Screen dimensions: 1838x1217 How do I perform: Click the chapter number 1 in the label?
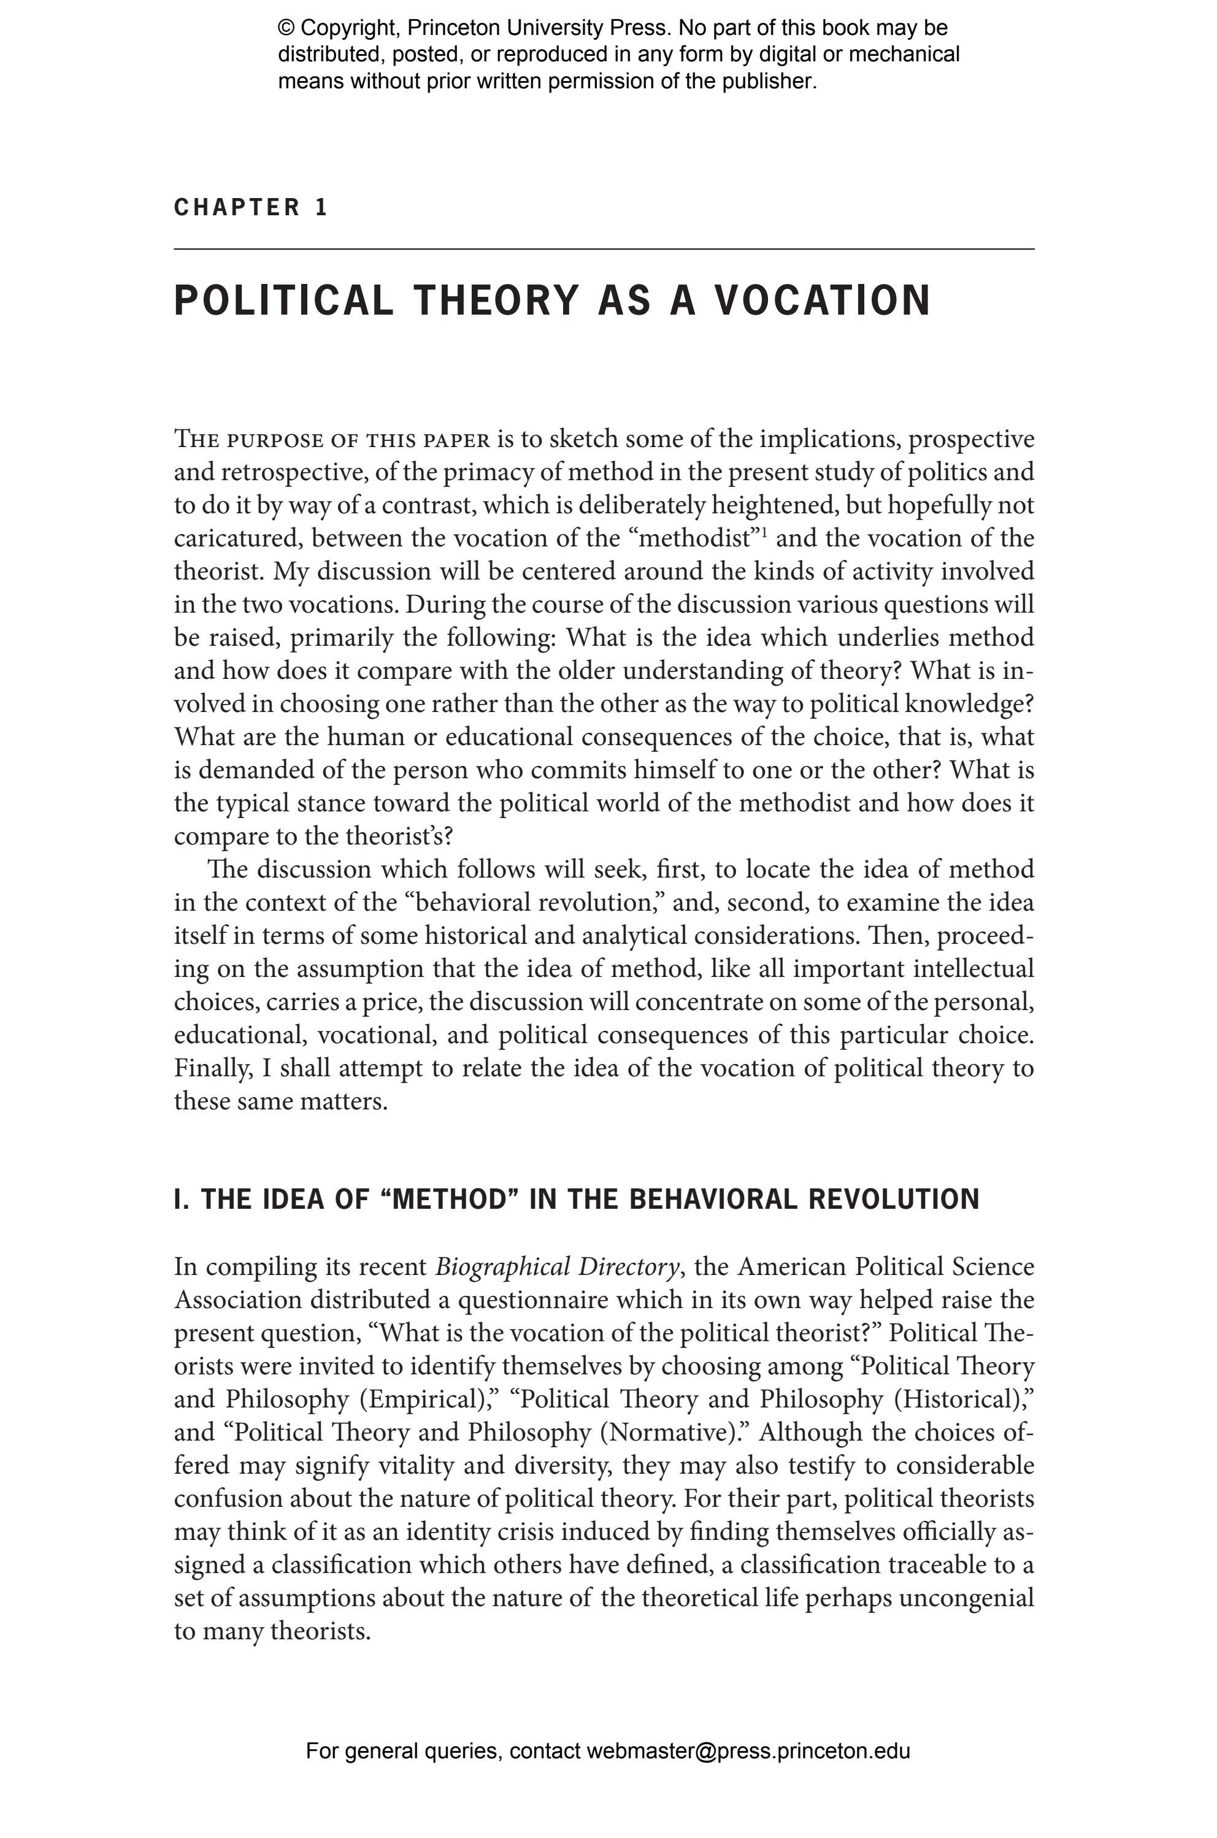tap(321, 207)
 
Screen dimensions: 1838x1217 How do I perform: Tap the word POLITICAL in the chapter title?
tap(283, 301)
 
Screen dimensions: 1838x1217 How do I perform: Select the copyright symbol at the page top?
tap(286, 29)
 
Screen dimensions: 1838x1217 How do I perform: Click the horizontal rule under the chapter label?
tap(604, 249)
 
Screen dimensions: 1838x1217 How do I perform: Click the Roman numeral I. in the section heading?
tap(182, 1199)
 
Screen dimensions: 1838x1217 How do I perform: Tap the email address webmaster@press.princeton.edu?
tap(747, 1751)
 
